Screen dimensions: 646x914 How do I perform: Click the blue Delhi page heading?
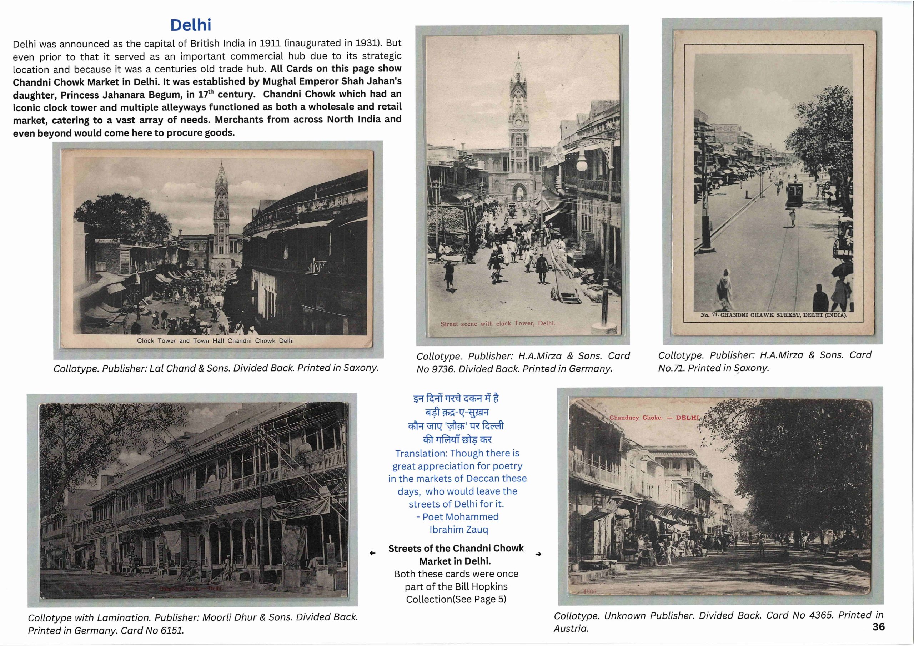click(x=191, y=25)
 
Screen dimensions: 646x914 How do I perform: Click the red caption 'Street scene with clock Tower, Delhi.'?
click(x=498, y=324)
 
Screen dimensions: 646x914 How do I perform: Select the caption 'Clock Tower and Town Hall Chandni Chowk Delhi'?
click(x=215, y=341)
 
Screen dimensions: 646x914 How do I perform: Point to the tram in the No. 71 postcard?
click(x=794, y=192)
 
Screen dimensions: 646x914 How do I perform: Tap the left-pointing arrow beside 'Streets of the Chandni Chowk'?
click(x=372, y=553)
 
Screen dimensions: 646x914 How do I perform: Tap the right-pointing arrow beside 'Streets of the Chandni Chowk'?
click(x=538, y=554)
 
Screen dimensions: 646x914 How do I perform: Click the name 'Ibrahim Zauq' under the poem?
click(x=458, y=529)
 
